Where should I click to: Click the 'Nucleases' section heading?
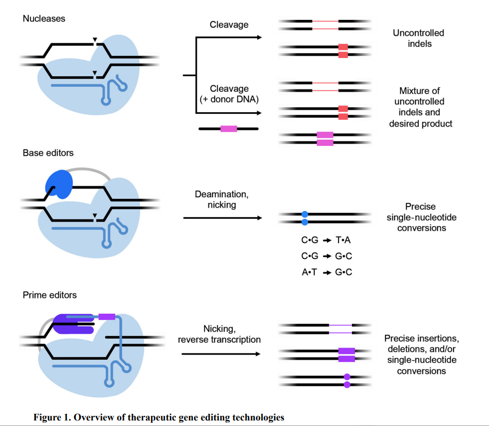[44, 19]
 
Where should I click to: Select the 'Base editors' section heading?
[48, 152]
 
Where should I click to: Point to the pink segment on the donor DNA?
[228, 129]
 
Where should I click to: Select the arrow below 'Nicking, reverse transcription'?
[221, 353]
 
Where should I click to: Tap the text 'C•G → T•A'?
[326, 241]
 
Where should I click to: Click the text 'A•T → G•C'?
[326, 272]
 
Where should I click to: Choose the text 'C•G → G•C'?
[326, 257]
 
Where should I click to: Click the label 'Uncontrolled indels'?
[418, 38]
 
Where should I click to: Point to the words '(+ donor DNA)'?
[229, 99]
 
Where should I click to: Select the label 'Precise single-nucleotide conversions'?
[418, 217]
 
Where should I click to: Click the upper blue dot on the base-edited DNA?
[304, 214]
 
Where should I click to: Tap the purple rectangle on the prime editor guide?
[107, 317]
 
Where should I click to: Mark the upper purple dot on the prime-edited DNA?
[347, 377]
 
